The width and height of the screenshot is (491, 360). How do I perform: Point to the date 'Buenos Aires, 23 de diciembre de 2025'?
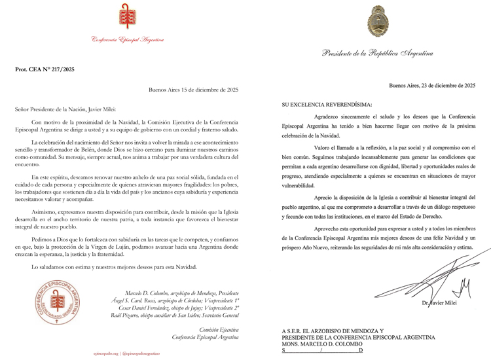click(432, 85)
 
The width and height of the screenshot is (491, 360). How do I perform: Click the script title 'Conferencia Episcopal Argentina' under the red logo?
click(128, 40)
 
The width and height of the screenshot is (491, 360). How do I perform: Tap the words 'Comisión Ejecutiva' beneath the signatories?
click(219, 331)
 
